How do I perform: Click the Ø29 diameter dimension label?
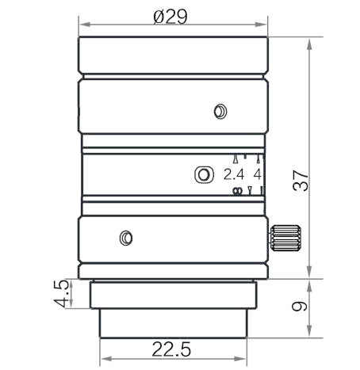coord(170,17)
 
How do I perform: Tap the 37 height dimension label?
coord(301,181)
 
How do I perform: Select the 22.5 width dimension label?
coord(171,349)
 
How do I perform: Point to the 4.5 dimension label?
coord(61,294)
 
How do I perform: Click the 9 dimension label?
coord(300,307)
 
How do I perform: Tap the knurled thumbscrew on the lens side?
coord(285,238)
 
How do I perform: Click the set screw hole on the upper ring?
coord(220,112)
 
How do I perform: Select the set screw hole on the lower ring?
coord(126,238)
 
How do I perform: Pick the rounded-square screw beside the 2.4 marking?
coord(204,174)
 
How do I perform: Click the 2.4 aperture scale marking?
coord(234,174)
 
